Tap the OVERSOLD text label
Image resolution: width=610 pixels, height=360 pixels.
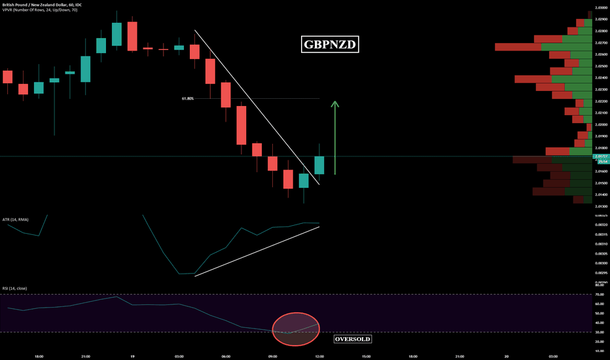[x=353, y=340]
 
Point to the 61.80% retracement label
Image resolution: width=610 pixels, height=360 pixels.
[x=188, y=99]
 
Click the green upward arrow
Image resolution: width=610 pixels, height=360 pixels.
[x=334, y=137]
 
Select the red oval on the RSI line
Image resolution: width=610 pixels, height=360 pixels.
[x=295, y=328]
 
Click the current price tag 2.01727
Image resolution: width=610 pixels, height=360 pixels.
[x=600, y=156]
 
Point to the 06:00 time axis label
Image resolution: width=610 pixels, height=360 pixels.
[x=226, y=356]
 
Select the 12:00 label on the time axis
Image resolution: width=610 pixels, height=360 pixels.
[x=319, y=356]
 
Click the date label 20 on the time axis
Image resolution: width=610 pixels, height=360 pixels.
[x=507, y=356]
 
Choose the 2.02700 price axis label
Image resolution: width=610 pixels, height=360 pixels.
[x=601, y=43]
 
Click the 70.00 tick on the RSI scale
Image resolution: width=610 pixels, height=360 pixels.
[x=600, y=295]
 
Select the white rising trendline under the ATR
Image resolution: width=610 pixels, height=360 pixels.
[x=257, y=251]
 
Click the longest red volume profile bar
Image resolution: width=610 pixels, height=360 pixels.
[x=518, y=47]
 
